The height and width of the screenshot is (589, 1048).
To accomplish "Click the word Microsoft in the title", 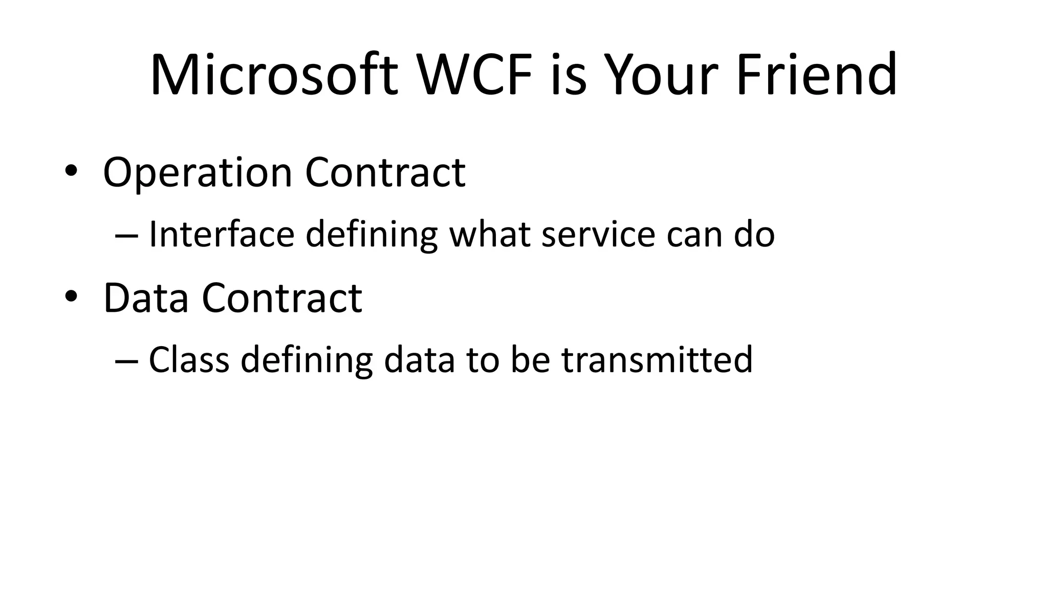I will [x=274, y=75].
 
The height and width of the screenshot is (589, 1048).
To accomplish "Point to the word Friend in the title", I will [x=817, y=75].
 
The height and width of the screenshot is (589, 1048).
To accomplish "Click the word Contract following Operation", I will [x=385, y=173].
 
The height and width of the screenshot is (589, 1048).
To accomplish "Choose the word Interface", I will [x=221, y=235].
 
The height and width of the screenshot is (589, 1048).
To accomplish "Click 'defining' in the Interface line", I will [x=372, y=235].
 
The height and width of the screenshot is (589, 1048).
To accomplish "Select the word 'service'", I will [x=598, y=235].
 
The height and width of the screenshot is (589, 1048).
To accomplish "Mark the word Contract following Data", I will [x=282, y=298].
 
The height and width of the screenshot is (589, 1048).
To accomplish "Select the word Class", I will [x=189, y=360].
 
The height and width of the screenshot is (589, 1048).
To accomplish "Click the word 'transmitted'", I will [x=657, y=360].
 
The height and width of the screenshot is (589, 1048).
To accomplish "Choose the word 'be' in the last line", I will [x=530, y=360].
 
